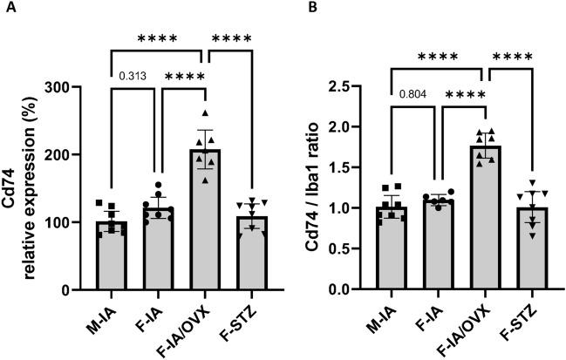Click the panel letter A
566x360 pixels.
click(x=9, y=8)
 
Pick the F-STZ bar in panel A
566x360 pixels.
click(x=251, y=253)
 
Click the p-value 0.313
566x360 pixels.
click(x=132, y=75)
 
